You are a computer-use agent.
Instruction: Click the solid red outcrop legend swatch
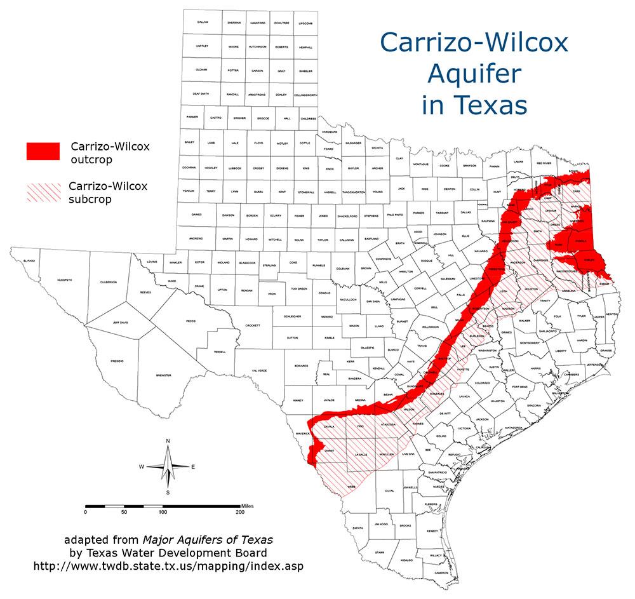[43, 151]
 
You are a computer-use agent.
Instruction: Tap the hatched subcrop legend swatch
[43, 191]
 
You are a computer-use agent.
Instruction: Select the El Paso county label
[28, 261]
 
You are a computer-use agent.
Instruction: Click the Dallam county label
[203, 22]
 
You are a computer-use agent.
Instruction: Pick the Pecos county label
[190, 322]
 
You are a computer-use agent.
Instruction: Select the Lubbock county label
[235, 168]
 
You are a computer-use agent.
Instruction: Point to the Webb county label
[351, 487]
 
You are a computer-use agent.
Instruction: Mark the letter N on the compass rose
[168, 440]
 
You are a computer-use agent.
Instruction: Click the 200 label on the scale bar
[240, 511]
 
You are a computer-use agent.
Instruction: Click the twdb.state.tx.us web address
[171, 565]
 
